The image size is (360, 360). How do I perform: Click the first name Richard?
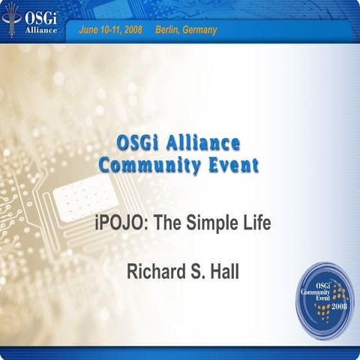click(x=148, y=270)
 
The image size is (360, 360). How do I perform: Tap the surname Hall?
click(x=224, y=270)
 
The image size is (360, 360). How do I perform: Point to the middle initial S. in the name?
click(x=192, y=270)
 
